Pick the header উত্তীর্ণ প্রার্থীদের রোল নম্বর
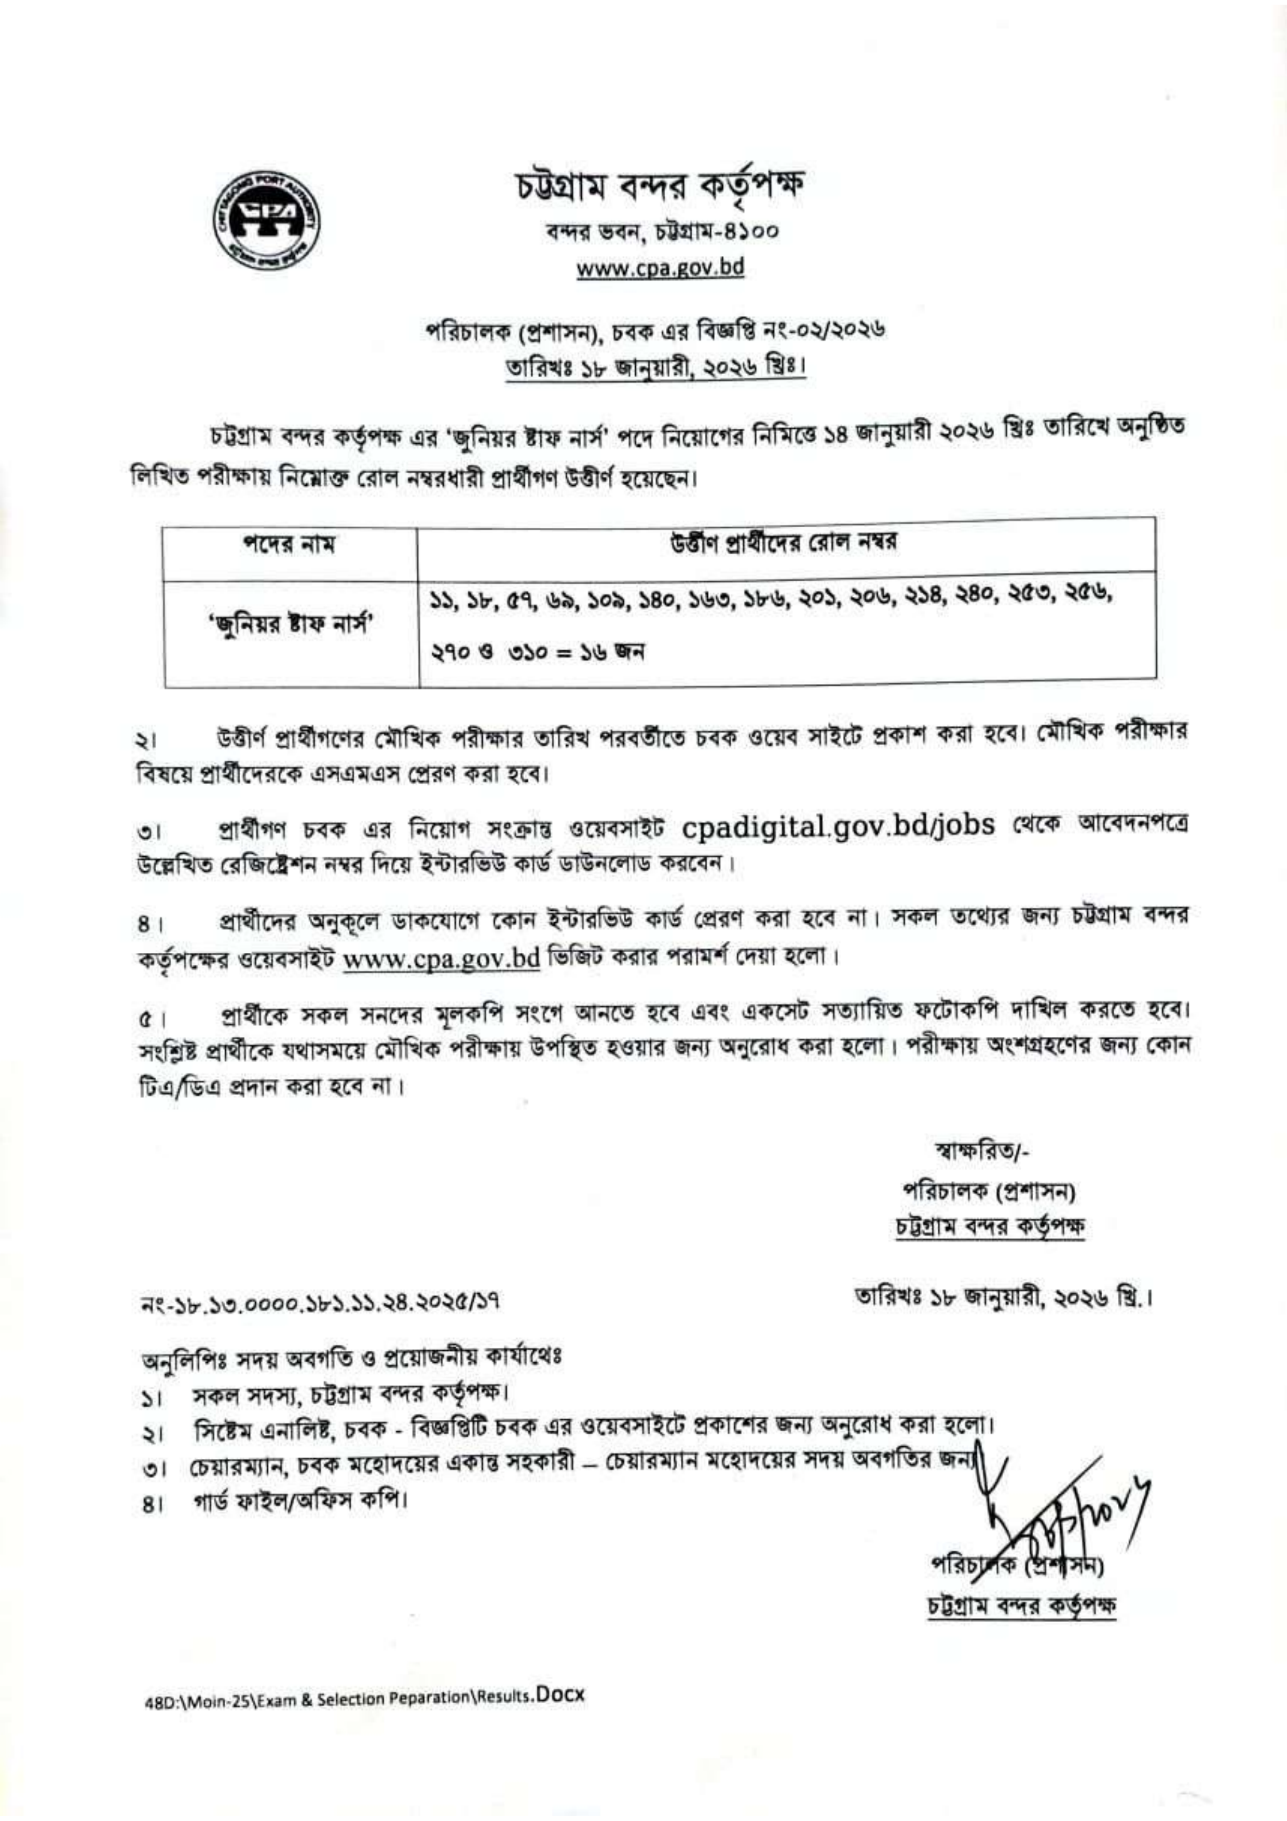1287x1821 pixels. (x=784, y=544)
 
